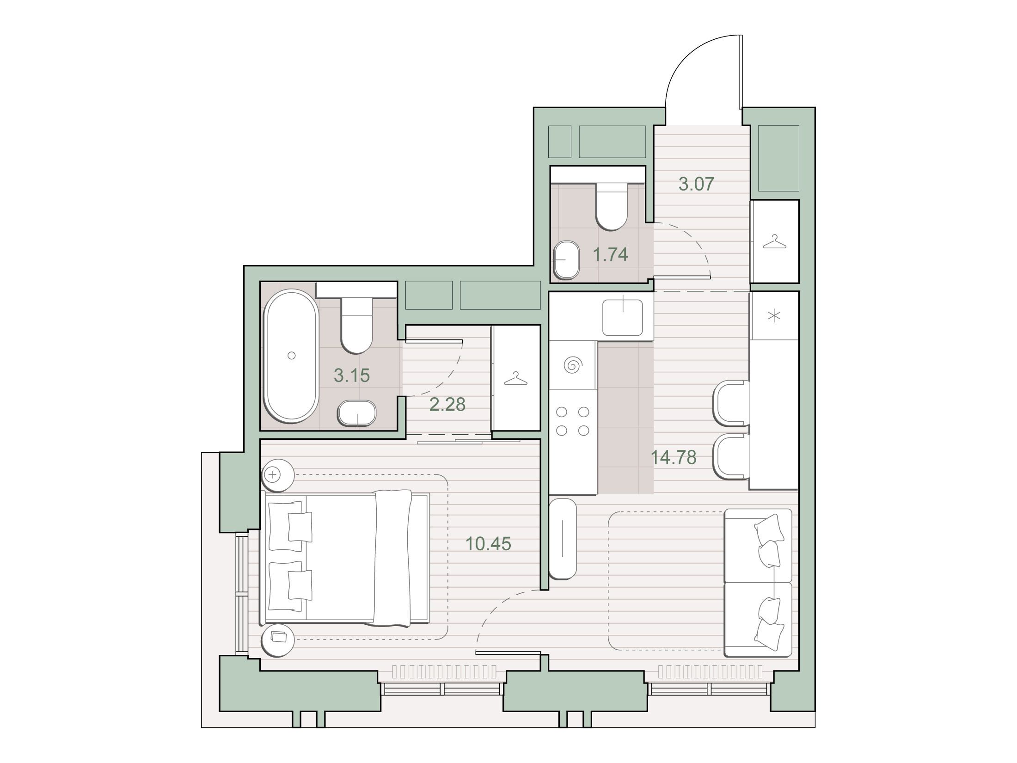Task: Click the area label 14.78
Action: pos(674,457)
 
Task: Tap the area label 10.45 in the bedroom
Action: pos(489,544)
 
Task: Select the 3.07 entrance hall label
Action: pos(697,184)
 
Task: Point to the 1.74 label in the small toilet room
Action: pos(611,254)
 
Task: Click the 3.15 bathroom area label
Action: pos(352,375)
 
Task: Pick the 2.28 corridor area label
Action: pos(447,405)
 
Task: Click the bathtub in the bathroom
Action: pos(291,356)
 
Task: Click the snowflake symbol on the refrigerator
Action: pos(774,316)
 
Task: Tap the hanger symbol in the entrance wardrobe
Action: pos(774,242)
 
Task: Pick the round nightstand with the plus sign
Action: pos(278,474)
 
